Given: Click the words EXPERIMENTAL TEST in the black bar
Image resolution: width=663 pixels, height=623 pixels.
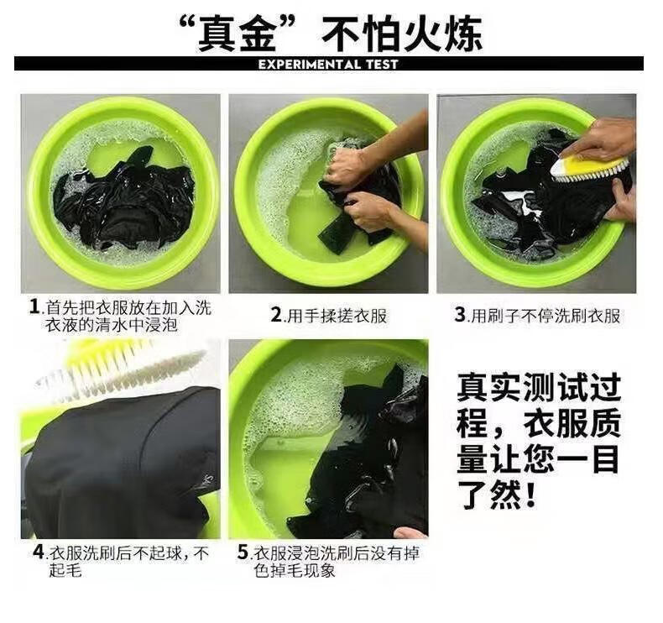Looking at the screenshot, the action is pos(328,65).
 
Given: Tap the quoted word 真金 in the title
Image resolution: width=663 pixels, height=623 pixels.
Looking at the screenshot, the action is pos(237,34).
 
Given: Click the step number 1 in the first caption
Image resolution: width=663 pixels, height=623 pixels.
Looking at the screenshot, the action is pos(34,306).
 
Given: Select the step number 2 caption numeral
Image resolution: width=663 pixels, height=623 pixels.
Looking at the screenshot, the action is pos(276,315).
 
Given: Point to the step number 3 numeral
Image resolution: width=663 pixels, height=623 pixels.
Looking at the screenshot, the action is pos(460,315).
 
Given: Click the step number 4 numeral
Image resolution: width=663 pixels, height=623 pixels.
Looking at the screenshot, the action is pos(39,552).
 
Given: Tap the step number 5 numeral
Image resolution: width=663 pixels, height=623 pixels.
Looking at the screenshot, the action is pos(243,552).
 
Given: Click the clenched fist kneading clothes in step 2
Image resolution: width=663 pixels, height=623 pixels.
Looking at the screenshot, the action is pos(345,167).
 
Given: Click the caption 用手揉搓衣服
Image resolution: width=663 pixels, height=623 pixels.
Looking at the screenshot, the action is pos(337,316).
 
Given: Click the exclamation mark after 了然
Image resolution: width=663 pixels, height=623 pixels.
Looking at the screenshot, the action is pos(528,494).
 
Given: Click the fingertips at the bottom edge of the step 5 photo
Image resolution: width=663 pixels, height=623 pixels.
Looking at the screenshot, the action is pos(411,531).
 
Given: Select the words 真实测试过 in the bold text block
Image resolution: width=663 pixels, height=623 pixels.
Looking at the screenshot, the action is pos(538,387).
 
